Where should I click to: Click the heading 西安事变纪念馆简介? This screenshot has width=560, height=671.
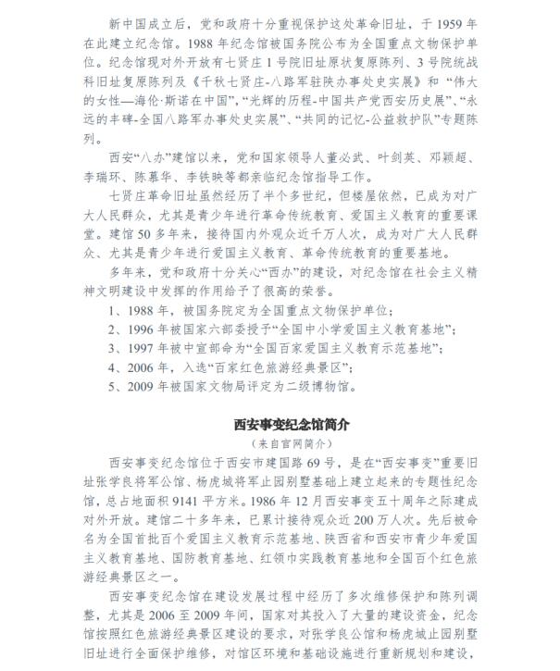pyautogui.click(x=280, y=425)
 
